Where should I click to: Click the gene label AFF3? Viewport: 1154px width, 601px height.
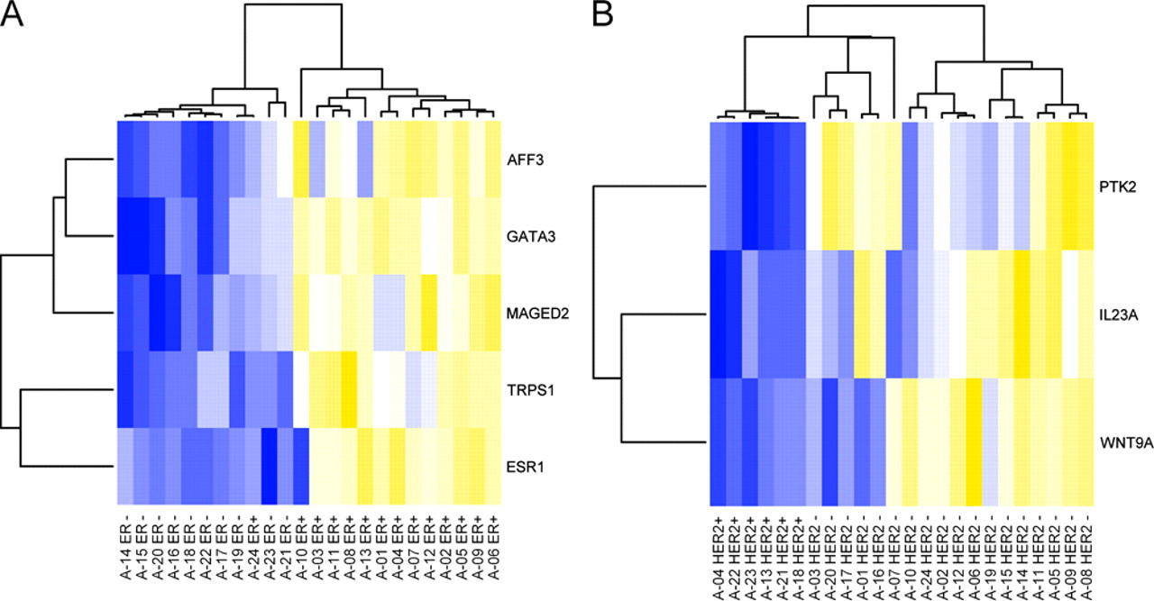[x=525, y=160]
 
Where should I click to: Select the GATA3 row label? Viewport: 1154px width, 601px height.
[x=531, y=237]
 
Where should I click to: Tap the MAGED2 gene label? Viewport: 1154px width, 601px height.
[x=537, y=314]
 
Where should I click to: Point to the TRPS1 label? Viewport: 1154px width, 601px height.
[x=530, y=390]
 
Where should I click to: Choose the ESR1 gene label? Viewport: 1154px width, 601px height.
[x=525, y=467]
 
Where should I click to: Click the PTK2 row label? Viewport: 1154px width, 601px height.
[x=1117, y=187]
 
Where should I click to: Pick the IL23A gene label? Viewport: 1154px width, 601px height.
[x=1119, y=314]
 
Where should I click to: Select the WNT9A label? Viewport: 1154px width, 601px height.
[x=1126, y=443]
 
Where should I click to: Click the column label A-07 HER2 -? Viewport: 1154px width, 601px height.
[x=893, y=557]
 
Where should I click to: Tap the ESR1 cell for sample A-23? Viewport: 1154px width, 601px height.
[x=270, y=467]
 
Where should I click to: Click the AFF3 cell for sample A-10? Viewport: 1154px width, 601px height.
[x=301, y=159]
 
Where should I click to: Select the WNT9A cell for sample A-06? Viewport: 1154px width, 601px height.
[x=974, y=442]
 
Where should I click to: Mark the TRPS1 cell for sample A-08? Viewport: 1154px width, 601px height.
[x=349, y=390]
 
